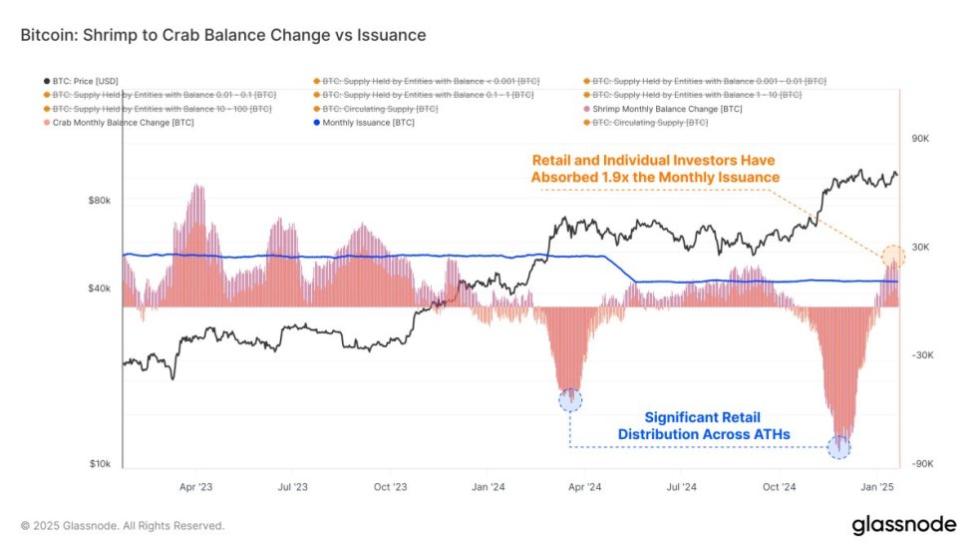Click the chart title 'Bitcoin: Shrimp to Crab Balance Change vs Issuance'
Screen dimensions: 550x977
(x=223, y=35)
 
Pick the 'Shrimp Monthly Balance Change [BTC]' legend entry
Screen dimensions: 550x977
(x=669, y=108)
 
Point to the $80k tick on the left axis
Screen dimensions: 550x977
(x=99, y=201)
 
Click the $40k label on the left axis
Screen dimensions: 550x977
(x=99, y=288)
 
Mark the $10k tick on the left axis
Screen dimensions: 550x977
(x=99, y=464)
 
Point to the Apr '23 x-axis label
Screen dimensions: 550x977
(x=195, y=487)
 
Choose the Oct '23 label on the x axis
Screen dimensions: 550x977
(x=391, y=487)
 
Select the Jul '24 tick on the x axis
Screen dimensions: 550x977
(x=682, y=487)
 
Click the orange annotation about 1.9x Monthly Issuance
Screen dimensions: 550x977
(x=654, y=168)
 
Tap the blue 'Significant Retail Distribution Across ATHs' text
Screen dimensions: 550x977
(x=696, y=425)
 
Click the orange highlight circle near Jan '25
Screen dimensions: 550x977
(x=893, y=257)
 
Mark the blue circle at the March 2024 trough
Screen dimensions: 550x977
(x=570, y=399)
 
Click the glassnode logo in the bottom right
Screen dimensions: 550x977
(x=903, y=525)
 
